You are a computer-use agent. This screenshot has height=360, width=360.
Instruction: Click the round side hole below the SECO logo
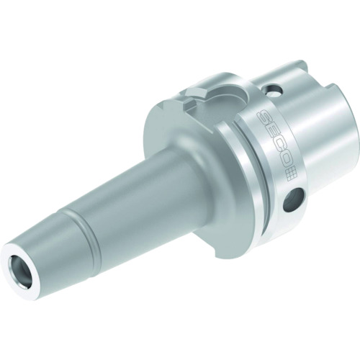[293, 201]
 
